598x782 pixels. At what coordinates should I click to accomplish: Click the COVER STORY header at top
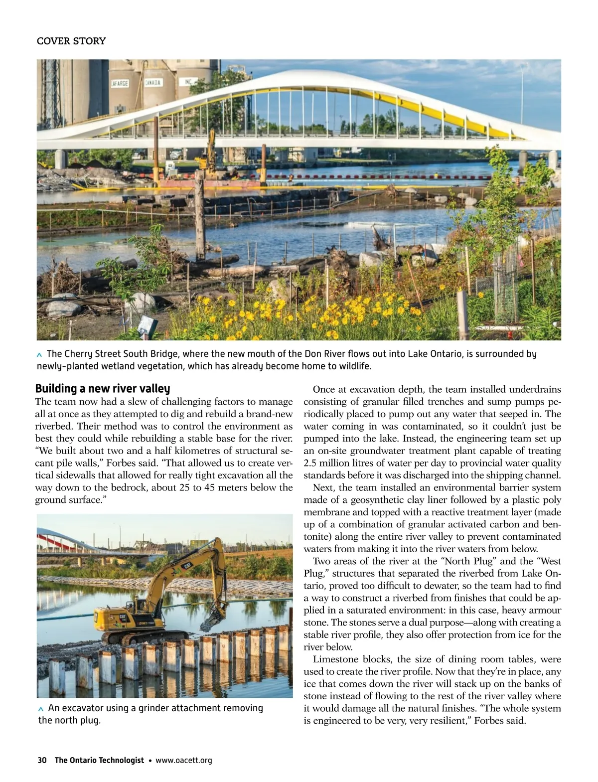point(71,41)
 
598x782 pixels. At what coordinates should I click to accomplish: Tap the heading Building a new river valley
point(103,388)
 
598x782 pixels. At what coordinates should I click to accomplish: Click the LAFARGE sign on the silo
point(120,83)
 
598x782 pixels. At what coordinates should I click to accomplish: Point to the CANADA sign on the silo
point(152,82)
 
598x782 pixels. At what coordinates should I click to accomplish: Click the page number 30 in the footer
point(42,760)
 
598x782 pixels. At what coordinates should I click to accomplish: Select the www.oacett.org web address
point(184,760)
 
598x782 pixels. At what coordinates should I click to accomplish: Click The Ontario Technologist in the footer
point(99,760)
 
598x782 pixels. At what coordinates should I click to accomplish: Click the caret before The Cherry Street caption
point(40,355)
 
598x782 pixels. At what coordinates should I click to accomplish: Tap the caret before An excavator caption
point(41,709)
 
